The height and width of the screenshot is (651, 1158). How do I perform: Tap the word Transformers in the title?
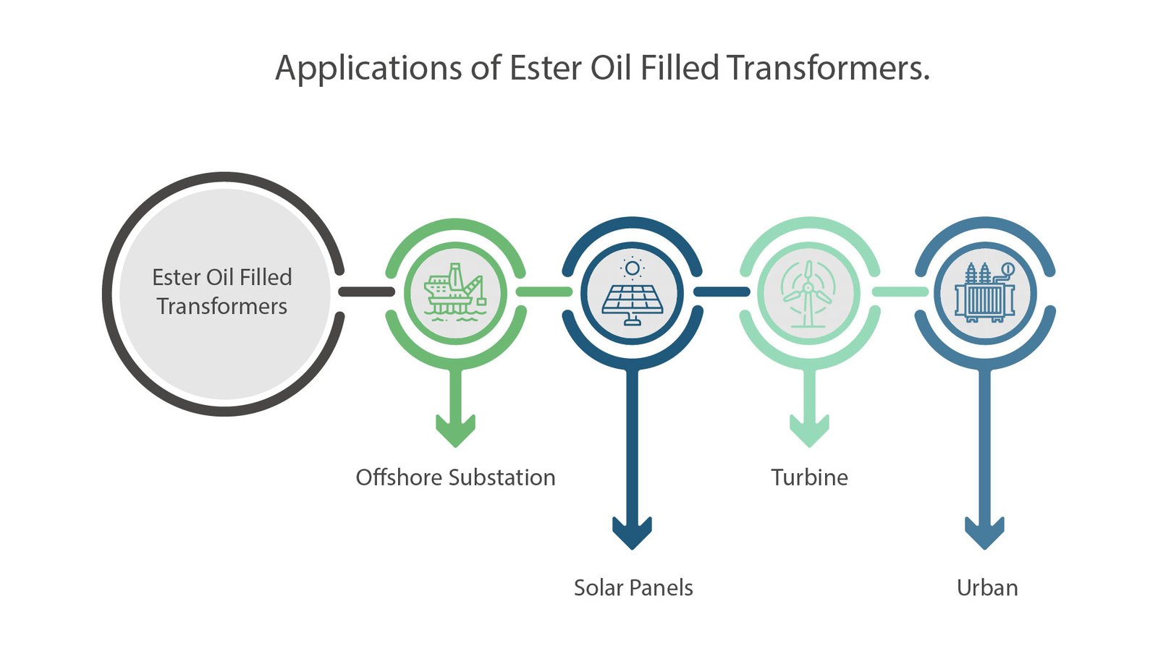(x=828, y=68)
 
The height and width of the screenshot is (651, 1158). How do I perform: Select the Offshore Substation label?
(x=455, y=477)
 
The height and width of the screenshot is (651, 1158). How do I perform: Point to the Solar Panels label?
(x=633, y=587)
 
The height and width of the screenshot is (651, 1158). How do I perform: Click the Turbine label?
(x=809, y=477)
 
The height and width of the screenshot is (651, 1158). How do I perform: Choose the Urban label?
(x=987, y=587)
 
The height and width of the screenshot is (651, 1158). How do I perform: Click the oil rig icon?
(x=455, y=291)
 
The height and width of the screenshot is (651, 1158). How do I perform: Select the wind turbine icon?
(x=808, y=292)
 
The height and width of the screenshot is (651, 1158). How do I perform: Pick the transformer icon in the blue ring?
(x=985, y=292)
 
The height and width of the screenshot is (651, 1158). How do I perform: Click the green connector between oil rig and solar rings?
(x=544, y=292)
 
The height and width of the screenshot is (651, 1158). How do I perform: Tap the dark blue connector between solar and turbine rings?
(x=721, y=292)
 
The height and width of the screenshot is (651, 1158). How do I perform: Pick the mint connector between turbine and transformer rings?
(x=898, y=292)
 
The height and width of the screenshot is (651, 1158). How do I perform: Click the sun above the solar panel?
(x=632, y=268)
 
